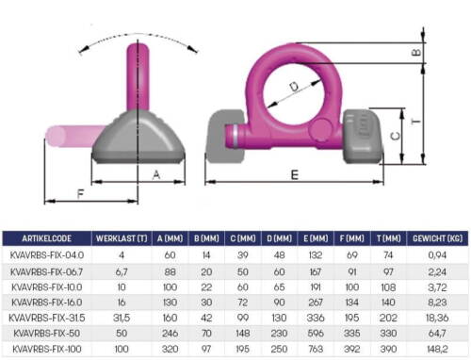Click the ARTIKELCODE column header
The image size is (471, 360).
point(46,238)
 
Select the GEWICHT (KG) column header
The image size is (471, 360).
point(437,238)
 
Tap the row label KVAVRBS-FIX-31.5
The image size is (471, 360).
point(47,318)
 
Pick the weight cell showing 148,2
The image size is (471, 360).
point(437,349)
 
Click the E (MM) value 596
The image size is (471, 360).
point(316,334)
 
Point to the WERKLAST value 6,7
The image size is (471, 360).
point(122,271)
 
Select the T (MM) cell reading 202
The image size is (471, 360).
point(388,318)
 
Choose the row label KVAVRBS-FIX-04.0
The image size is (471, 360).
point(47,255)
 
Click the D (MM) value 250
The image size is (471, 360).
point(279,349)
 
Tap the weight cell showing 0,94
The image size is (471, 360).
point(437,255)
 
